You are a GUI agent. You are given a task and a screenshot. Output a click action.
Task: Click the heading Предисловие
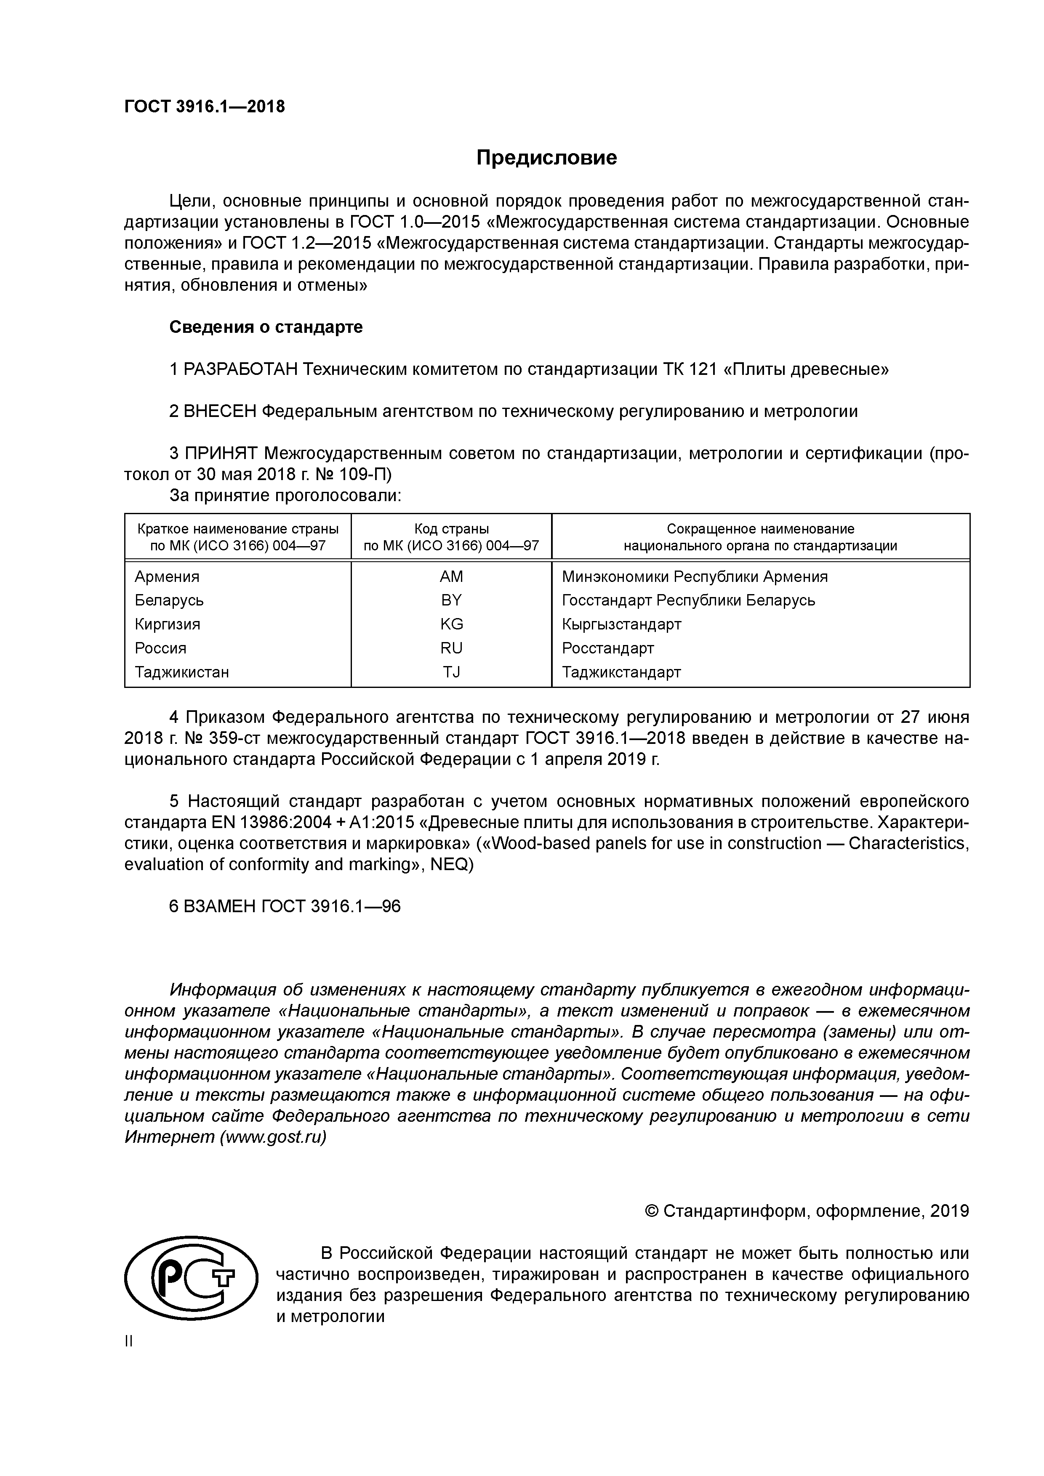point(546,157)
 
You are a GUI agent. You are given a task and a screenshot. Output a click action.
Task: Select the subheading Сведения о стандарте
point(266,327)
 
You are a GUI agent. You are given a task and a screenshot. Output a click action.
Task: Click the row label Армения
point(167,577)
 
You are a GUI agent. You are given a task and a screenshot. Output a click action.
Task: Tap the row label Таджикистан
point(181,672)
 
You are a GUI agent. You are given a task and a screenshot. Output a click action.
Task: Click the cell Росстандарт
point(608,648)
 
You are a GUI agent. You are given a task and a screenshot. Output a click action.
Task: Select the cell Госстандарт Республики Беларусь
point(688,600)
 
